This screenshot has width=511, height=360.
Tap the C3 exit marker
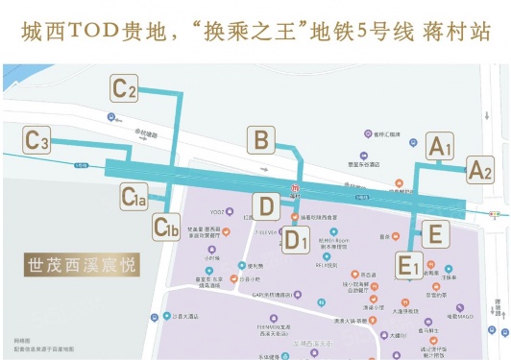[x=37, y=142]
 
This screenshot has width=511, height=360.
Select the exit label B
[x=259, y=141]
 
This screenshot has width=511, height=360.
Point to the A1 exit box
[x=437, y=147]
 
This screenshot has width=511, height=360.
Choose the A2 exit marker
[x=479, y=171]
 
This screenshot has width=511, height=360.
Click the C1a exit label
[x=134, y=198]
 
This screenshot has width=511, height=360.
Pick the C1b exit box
[x=167, y=228]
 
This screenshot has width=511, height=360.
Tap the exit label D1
[x=295, y=240]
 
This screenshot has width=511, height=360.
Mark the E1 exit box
[x=409, y=262]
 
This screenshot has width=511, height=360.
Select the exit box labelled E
[x=434, y=233]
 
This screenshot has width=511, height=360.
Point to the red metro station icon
[x=296, y=186]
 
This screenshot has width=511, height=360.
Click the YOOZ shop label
[x=217, y=211]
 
